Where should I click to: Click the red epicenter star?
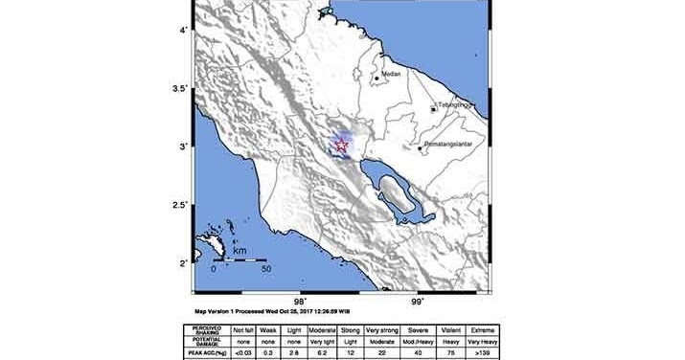pos(340,145)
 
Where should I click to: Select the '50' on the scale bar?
pos(267,269)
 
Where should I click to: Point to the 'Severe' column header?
pos(443,330)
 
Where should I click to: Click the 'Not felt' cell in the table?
pos(246,330)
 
